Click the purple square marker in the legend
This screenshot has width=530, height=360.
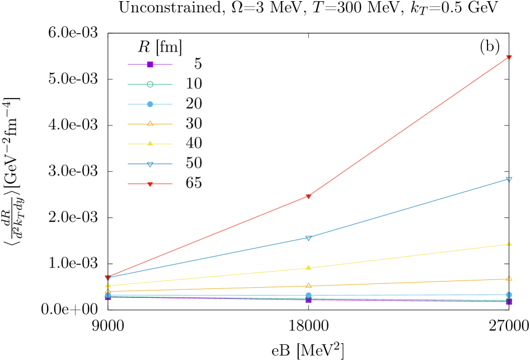pos(150,64)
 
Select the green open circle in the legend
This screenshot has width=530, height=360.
pos(150,85)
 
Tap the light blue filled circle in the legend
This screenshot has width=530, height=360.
pos(150,104)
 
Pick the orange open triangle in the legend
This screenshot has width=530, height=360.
pos(150,124)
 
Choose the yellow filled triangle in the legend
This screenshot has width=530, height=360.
pos(150,143)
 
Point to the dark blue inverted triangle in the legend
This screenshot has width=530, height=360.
pos(150,164)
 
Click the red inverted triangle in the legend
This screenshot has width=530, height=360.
pos(150,184)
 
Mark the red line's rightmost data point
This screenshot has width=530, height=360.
pos(509,58)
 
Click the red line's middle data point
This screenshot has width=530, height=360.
pos(308,197)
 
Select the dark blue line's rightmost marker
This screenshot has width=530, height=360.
pos(509,179)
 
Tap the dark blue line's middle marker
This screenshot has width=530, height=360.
pos(308,238)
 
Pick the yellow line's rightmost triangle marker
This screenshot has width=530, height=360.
pos(509,244)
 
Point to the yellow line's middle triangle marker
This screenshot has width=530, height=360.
pos(308,268)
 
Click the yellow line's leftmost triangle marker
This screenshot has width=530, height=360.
pos(108,286)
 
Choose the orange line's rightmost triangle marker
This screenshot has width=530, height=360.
pos(509,278)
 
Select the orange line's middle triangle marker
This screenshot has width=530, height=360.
pos(308,286)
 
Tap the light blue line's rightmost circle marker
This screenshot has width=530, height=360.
pos(509,294)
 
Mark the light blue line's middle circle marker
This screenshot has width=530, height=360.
pos(308,295)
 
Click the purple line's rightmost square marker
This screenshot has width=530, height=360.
pos(509,302)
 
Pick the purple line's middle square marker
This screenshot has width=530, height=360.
pos(308,300)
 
